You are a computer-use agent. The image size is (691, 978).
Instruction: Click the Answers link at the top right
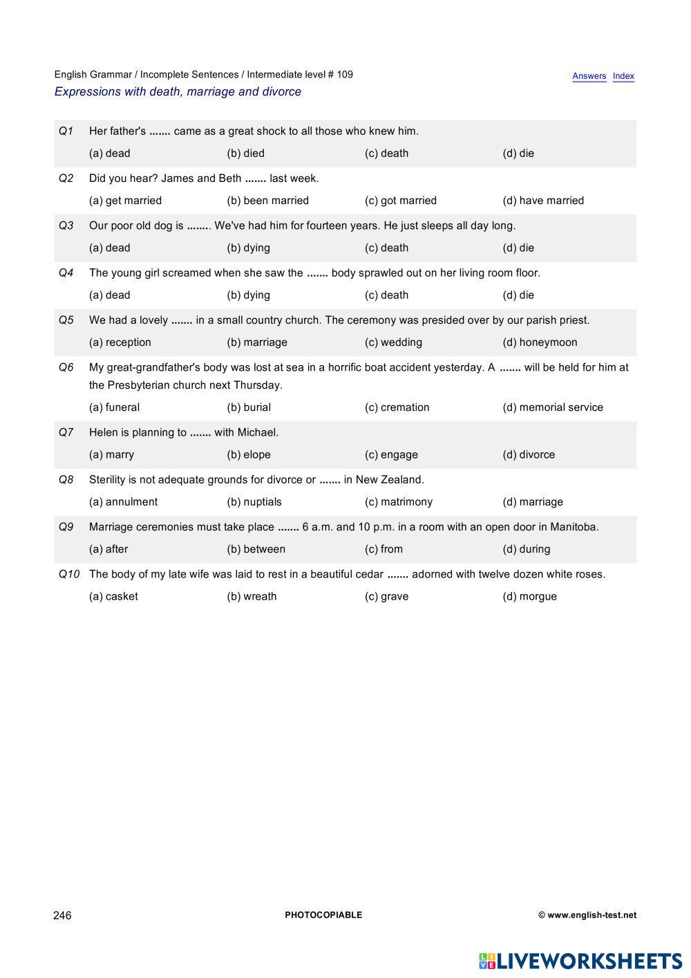(x=589, y=76)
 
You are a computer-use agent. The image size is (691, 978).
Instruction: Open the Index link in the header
(x=623, y=76)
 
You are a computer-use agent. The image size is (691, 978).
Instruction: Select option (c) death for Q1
(x=386, y=154)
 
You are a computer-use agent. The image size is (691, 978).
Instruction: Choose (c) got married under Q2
(x=400, y=201)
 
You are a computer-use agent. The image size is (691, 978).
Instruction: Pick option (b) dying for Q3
(x=248, y=248)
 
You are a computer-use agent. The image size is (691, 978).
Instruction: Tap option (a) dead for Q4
(x=109, y=295)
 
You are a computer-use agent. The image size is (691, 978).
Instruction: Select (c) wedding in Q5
(x=393, y=342)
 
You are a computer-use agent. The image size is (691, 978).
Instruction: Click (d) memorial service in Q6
(x=552, y=407)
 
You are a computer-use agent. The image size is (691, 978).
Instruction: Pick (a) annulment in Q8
(x=123, y=502)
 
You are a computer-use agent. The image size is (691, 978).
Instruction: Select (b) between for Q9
(x=256, y=549)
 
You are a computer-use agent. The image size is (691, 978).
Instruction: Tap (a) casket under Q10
(x=113, y=596)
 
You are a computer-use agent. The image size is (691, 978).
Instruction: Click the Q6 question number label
(x=66, y=367)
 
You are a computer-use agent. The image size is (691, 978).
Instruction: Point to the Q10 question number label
(x=68, y=574)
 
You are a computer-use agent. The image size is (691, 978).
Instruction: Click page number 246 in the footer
(x=62, y=915)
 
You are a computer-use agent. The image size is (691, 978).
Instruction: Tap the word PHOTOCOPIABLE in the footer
(x=323, y=915)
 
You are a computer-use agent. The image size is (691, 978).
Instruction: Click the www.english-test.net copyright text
(x=587, y=915)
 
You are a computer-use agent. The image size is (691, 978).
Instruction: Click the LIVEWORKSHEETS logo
(x=580, y=961)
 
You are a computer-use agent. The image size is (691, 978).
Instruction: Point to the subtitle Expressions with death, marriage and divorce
(x=178, y=92)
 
